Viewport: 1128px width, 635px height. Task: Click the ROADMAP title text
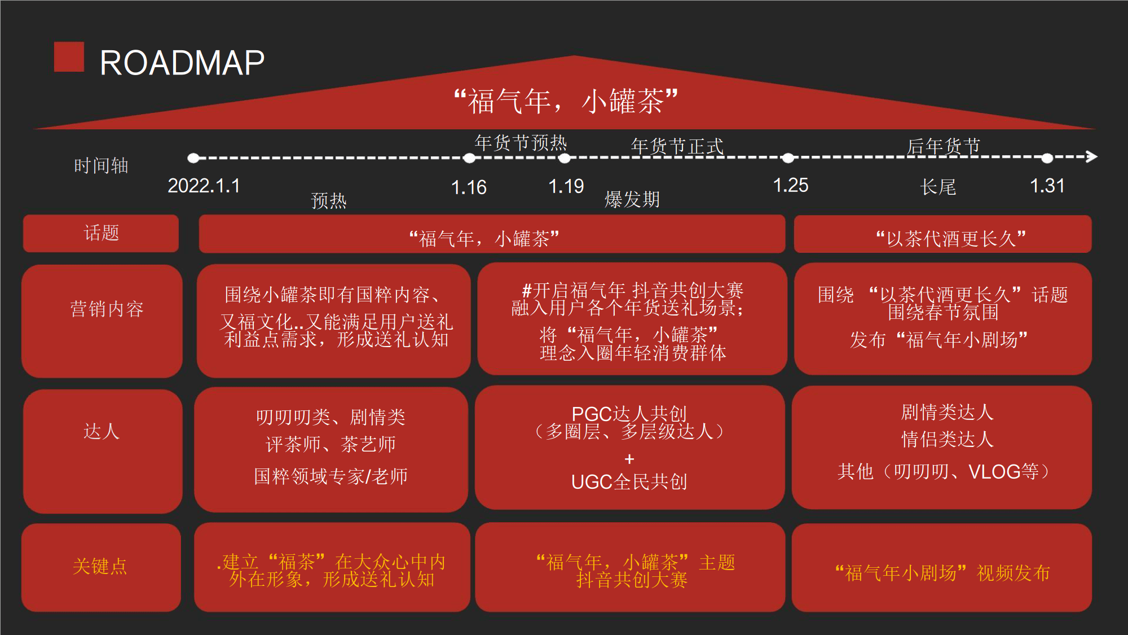(182, 62)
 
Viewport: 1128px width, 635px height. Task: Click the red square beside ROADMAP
(69, 57)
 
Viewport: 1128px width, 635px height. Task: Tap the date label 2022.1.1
(204, 186)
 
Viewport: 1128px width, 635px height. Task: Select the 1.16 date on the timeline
(469, 187)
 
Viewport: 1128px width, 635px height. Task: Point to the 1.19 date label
(566, 186)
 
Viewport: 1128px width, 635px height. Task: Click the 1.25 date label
(790, 185)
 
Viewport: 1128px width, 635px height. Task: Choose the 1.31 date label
(1047, 186)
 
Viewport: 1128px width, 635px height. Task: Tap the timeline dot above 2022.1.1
(193, 158)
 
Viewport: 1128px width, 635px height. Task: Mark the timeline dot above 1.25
(788, 158)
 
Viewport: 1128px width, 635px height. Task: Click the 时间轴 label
(102, 165)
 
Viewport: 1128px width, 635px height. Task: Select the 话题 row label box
(101, 233)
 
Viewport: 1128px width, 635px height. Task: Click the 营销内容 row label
(107, 309)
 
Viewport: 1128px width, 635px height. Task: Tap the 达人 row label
(102, 431)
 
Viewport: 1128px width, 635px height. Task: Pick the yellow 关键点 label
(100, 566)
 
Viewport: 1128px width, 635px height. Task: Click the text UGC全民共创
(629, 481)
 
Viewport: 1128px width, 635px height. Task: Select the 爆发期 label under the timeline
(632, 199)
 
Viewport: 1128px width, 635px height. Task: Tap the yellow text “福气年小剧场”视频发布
(942, 573)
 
